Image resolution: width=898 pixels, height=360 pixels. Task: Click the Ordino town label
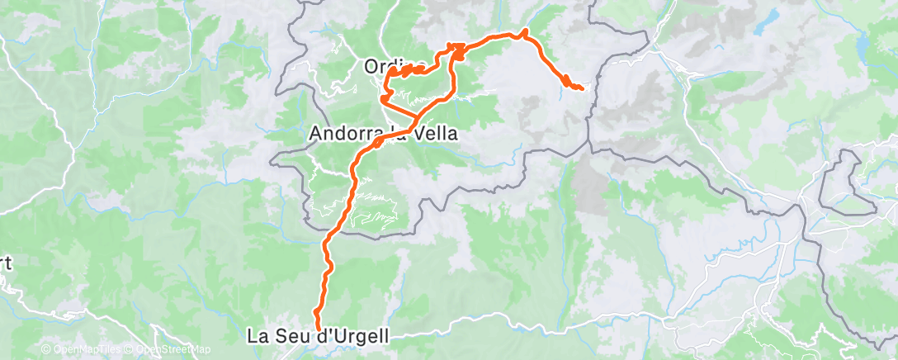click(x=395, y=65)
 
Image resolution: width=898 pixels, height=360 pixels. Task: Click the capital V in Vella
click(x=405, y=133)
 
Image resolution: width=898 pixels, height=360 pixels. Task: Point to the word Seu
click(x=290, y=337)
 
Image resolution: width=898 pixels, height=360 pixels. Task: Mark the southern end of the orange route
click(x=316, y=313)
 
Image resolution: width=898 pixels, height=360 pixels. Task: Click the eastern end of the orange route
click(x=583, y=88)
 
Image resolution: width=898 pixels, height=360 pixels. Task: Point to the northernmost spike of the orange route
click(x=525, y=31)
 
